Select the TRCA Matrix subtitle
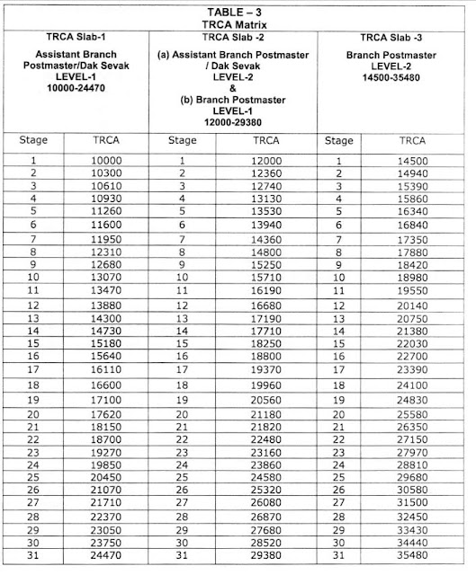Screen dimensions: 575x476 238,25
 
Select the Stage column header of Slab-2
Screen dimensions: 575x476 183,141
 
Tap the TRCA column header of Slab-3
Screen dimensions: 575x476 411,141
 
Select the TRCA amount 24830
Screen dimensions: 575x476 411,398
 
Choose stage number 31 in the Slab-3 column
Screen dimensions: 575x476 339,558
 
